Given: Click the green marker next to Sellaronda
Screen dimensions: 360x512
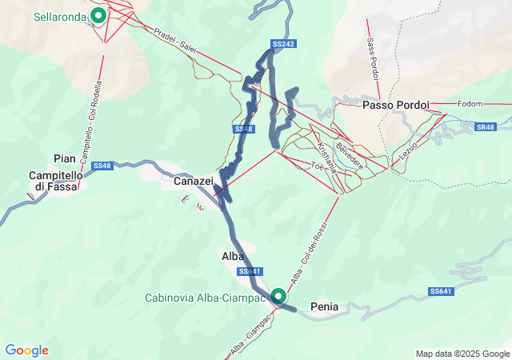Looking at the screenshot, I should click(x=98, y=14).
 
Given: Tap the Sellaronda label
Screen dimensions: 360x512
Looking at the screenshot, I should click(x=60, y=15).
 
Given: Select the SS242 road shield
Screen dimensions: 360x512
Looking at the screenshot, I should click(x=284, y=44).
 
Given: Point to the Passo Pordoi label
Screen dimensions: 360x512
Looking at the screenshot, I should click(x=395, y=105).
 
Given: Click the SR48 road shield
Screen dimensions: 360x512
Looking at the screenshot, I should click(x=486, y=127).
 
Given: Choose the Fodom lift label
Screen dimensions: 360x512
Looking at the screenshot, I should click(x=471, y=104).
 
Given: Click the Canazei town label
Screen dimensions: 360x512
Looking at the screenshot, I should click(x=194, y=182).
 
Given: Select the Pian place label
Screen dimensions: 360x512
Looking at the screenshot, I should click(x=64, y=158).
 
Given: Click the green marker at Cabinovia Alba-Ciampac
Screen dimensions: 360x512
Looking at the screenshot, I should click(x=278, y=296).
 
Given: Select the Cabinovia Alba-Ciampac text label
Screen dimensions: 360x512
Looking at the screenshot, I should click(x=204, y=298).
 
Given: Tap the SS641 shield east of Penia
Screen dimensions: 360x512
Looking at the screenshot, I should click(x=442, y=290).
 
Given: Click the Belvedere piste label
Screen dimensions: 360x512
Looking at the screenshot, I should click(x=350, y=154).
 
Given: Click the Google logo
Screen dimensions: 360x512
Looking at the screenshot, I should click(x=27, y=350).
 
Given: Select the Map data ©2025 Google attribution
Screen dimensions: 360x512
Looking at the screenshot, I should click(x=462, y=354).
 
